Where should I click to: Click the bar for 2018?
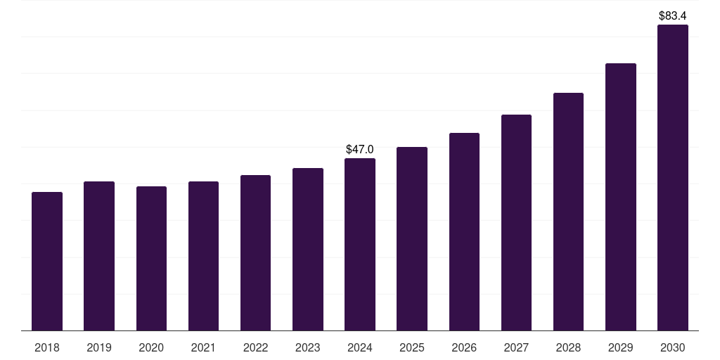click(x=47, y=261)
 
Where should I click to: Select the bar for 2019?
click(x=99, y=256)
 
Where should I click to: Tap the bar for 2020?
click(x=151, y=258)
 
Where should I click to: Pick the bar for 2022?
click(x=255, y=252)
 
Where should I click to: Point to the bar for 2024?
click(x=360, y=244)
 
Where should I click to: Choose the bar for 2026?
click(x=464, y=231)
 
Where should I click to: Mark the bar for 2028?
click(x=568, y=212)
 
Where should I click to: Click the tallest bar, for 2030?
click(x=672, y=177)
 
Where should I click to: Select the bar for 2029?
click(x=620, y=197)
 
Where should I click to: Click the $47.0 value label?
click(x=360, y=149)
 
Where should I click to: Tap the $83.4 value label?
click(x=672, y=15)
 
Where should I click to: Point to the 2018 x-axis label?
click(x=47, y=347)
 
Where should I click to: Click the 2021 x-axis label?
click(x=203, y=347)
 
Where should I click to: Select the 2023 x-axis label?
click(x=307, y=347)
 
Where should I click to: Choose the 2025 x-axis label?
click(x=412, y=347)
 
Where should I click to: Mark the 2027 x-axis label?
click(x=516, y=347)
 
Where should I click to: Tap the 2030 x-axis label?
click(x=672, y=347)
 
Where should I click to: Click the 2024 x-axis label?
click(x=360, y=347)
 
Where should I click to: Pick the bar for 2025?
click(x=412, y=238)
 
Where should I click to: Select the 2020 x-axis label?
click(x=151, y=347)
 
